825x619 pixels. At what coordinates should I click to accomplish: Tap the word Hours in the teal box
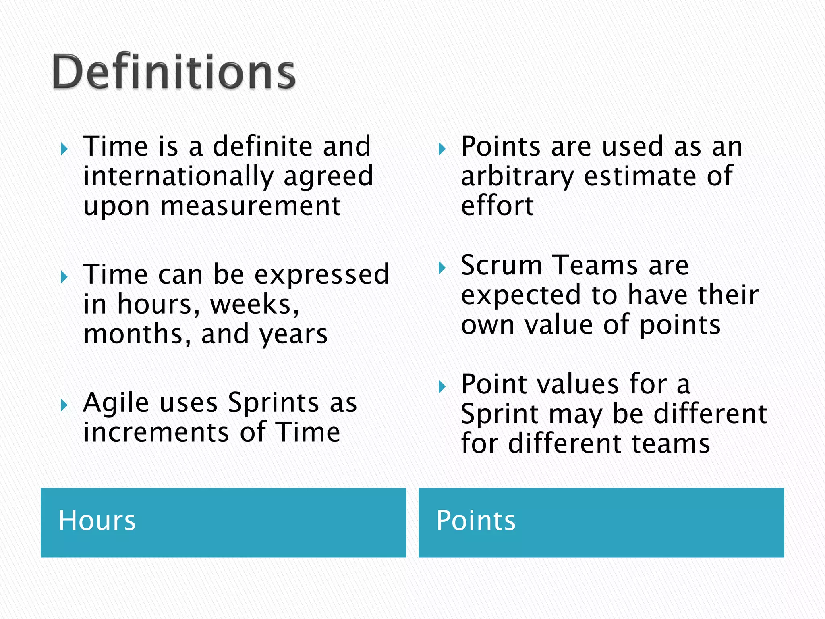tap(97, 520)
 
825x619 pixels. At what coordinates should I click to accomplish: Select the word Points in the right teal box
tap(476, 520)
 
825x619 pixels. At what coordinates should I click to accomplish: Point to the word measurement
tap(251, 206)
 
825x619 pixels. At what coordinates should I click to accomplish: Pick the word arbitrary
tap(517, 177)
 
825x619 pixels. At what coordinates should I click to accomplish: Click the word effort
tap(497, 206)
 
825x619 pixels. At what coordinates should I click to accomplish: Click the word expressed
tap(322, 274)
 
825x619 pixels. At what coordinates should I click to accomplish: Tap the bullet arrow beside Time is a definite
tap(64, 150)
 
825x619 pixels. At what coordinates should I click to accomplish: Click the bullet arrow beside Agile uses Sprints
tap(64, 405)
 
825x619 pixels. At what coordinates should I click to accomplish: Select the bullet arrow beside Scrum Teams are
tap(442, 268)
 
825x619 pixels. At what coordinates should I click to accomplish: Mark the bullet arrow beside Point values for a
tap(442, 387)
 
